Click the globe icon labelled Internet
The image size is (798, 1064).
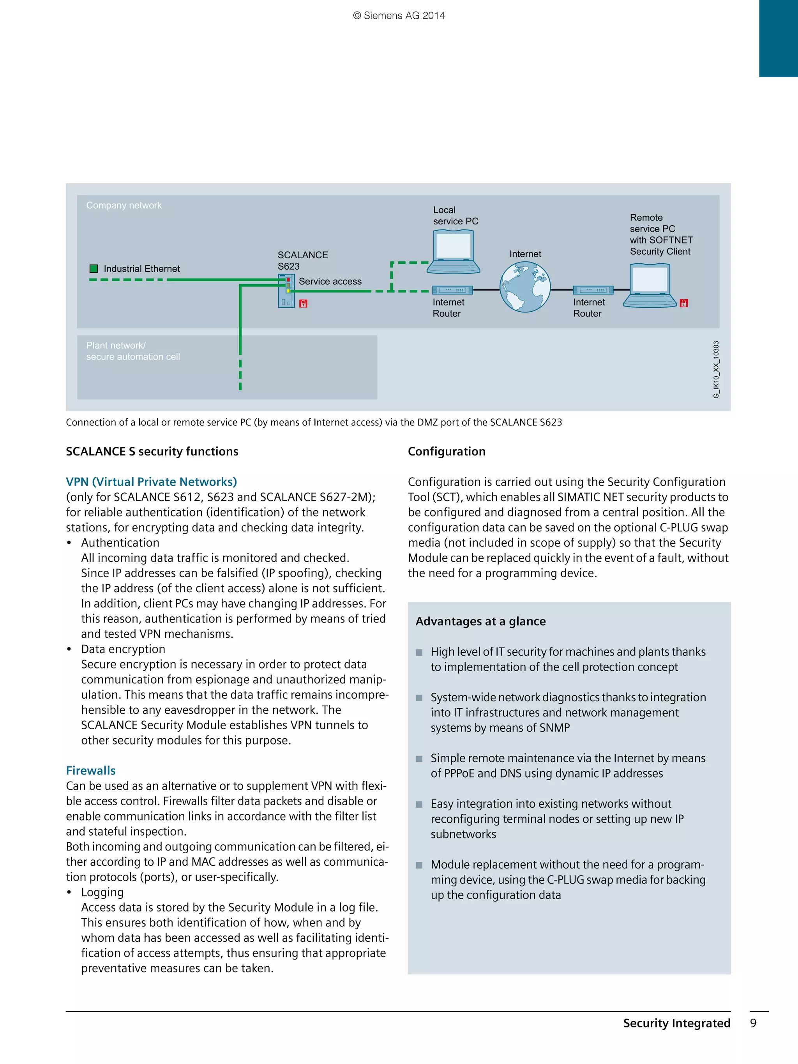(525, 287)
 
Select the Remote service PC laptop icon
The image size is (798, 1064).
(650, 285)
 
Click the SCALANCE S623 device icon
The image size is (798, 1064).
(286, 291)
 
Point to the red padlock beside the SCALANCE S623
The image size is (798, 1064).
(303, 303)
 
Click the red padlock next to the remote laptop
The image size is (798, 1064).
(683, 303)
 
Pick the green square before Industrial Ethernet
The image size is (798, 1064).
(94, 268)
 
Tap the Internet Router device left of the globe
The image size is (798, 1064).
(452, 290)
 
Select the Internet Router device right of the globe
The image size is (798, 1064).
(593, 290)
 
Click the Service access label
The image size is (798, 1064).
(330, 281)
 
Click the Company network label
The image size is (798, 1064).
(124, 205)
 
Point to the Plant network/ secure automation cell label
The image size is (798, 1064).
(133, 351)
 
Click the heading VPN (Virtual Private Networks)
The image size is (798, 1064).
(152, 482)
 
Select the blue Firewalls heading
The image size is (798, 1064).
(91, 771)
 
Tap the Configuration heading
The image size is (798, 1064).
(447, 451)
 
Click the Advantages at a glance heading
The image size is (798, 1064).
(480, 621)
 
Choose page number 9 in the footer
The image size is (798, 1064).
(753, 1023)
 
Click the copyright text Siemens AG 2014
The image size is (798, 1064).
(399, 16)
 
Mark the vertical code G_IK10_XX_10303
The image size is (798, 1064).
(716, 369)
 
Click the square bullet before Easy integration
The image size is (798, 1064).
(419, 804)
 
